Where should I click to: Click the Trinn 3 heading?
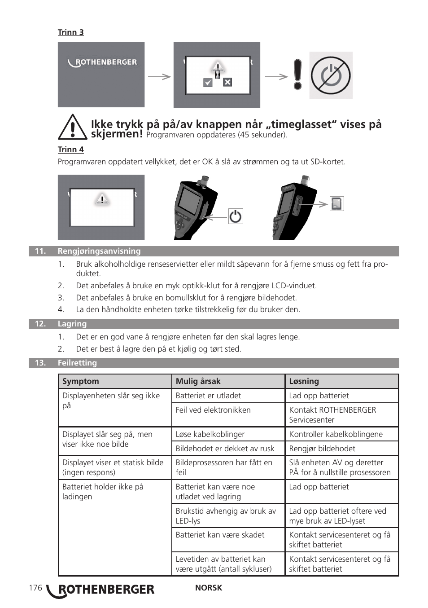[x=70, y=32]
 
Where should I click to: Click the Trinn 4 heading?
[x=70, y=150]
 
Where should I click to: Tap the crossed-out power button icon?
[x=331, y=75]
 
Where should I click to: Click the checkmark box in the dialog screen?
[x=208, y=83]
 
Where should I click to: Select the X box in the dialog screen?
[x=227, y=82]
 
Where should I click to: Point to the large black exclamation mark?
[x=297, y=75]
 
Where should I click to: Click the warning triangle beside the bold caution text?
[x=72, y=128]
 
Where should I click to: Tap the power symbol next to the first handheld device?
[x=236, y=216]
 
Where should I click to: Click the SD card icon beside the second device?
[x=336, y=204]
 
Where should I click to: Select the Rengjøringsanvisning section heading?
[x=99, y=251]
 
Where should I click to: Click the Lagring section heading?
[x=72, y=324]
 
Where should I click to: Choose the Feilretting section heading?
[x=77, y=363]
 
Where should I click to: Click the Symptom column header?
[x=81, y=381]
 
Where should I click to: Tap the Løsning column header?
[x=304, y=381]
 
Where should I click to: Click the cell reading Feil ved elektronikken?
[x=213, y=410]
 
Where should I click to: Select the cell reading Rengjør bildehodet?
[x=322, y=449]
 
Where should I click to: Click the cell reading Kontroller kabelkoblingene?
[x=336, y=434]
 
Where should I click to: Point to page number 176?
[x=35, y=588]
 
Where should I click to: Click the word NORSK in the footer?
[x=208, y=588]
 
